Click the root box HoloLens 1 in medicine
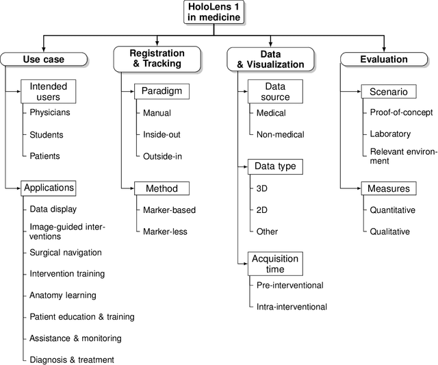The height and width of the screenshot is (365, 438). tap(214, 12)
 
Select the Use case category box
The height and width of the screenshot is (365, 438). tap(43, 60)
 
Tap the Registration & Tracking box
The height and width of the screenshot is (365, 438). tap(157, 58)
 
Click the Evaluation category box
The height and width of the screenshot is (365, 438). tap(384, 60)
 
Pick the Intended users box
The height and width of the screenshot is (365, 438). tap(48, 92)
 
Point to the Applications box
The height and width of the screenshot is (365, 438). tap(48, 188)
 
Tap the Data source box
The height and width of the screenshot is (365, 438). tap(274, 92)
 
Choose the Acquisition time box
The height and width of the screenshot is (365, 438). tap(274, 264)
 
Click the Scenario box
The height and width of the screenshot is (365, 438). tap(388, 91)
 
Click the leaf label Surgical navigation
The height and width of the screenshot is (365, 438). tap(65, 253)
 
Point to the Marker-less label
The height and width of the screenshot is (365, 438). tap(165, 231)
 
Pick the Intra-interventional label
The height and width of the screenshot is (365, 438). tap(292, 307)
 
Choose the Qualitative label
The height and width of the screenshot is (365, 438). tap(390, 231)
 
